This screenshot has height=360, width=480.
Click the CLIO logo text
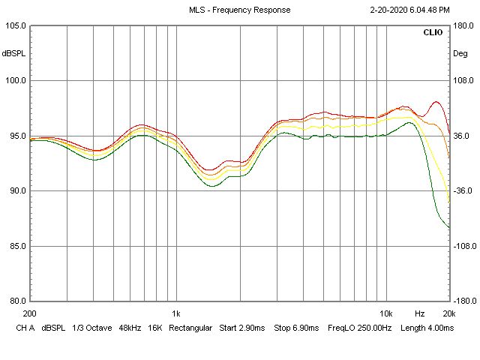433,33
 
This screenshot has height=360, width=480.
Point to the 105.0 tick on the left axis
16,25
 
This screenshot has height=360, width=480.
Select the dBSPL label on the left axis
13,53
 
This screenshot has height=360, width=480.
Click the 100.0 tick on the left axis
16,81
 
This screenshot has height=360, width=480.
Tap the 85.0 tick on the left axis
16,246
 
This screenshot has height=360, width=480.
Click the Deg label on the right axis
460,53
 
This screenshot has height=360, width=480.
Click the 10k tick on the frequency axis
386,313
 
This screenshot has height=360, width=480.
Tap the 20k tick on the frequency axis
448,313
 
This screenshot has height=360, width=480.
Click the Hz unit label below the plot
420,313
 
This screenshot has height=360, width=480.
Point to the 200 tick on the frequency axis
30,313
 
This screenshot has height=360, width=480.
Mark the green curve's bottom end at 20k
448,227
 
